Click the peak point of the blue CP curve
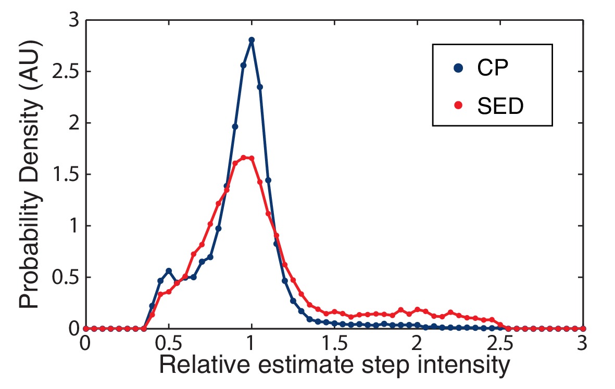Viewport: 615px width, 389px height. click(252, 40)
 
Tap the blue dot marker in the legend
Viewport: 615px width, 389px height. click(458, 69)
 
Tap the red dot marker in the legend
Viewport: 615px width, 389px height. click(458, 106)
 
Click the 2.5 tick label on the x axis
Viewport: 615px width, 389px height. click(499, 344)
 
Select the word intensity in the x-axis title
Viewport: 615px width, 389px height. click(454, 366)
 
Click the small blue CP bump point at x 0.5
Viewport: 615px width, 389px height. click(168, 270)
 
